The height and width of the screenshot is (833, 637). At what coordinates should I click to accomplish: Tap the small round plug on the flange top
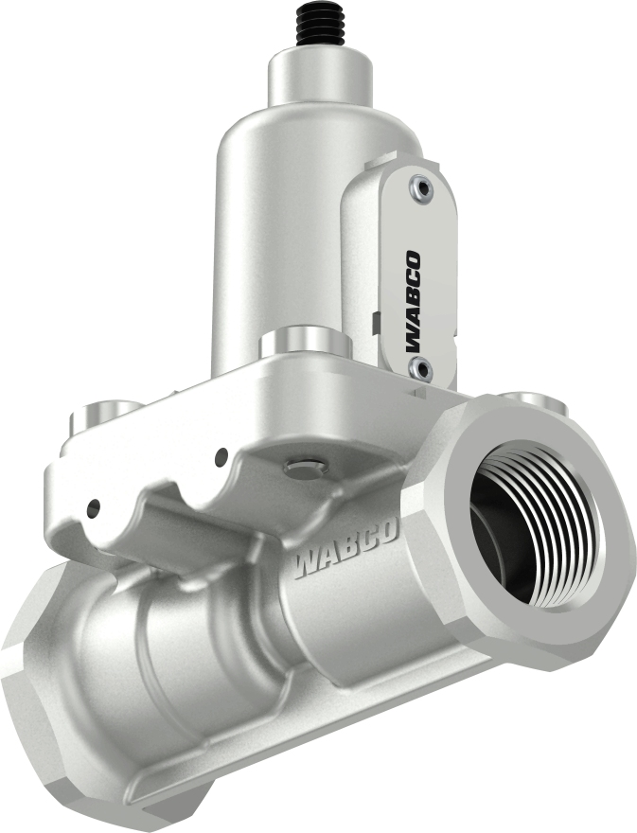coord(304,465)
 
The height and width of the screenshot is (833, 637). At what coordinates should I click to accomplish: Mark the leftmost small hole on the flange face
coord(94,504)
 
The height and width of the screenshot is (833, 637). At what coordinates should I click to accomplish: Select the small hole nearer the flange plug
coord(221,457)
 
